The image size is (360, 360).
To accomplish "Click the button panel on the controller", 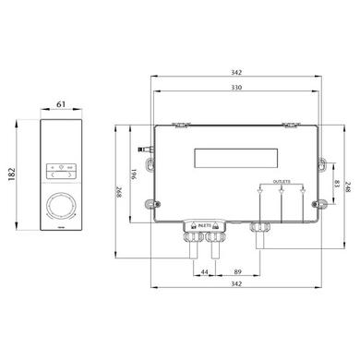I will [62, 170].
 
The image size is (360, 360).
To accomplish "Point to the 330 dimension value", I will [236, 87].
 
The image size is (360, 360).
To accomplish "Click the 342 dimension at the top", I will [236, 71].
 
